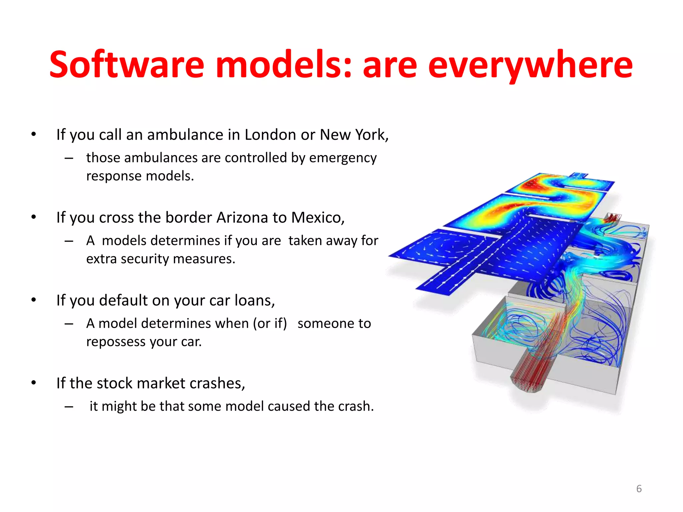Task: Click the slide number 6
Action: (x=639, y=489)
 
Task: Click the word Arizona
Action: (x=242, y=218)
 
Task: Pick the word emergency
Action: (x=343, y=158)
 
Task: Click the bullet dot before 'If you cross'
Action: (x=33, y=217)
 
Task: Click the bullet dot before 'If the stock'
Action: (x=33, y=383)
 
